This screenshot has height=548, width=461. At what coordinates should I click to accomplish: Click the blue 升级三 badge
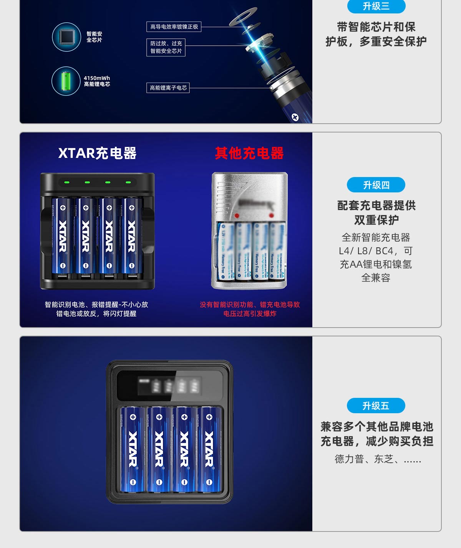[376, 6]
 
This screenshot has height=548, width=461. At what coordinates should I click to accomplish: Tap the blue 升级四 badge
[376, 185]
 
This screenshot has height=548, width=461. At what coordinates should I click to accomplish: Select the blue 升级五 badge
[376, 406]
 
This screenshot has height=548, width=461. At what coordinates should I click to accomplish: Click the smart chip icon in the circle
[66, 37]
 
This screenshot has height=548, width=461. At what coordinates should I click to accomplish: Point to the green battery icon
[66, 81]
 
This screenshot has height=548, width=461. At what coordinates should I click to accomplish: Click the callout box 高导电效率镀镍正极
[174, 26]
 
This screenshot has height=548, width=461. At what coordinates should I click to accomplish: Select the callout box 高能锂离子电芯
[168, 88]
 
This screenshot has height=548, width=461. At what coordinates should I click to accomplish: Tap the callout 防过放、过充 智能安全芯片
[166, 47]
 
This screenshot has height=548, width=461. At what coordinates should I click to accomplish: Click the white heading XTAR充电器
[97, 153]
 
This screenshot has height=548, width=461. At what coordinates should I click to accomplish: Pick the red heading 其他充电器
[249, 153]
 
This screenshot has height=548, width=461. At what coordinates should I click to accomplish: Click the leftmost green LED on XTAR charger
[66, 182]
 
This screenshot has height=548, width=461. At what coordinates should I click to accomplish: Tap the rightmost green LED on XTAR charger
[128, 182]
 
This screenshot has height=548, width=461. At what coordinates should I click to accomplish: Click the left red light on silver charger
[237, 215]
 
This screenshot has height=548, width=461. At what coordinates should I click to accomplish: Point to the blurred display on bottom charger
[169, 386]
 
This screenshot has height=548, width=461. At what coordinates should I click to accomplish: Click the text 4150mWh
[97, 78]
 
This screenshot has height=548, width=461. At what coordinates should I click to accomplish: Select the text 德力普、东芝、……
[378, 459]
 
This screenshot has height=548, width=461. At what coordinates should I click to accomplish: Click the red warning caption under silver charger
[250, 309]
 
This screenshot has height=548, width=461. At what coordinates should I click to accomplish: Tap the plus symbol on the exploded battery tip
[295, 118]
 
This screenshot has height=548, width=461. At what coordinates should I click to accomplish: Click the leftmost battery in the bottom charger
[133, 449]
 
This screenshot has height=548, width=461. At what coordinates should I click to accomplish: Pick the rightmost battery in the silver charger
[277, 252]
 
